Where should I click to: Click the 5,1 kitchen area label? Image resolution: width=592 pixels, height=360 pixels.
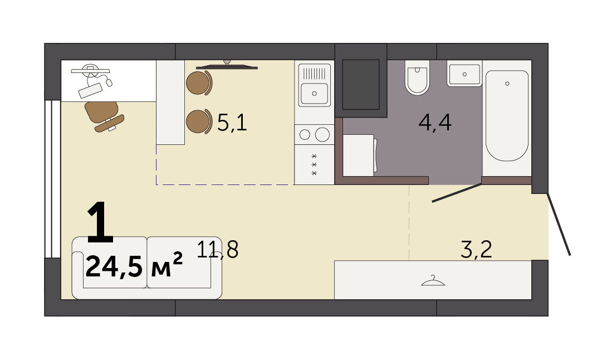click(x=232, y=123)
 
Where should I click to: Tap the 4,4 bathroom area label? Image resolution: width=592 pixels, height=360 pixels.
click(x=435, y=123)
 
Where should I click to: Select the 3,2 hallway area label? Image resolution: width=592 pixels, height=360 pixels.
click(x=477, y=249)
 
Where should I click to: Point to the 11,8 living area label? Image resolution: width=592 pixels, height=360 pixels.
click(x=218, y=249)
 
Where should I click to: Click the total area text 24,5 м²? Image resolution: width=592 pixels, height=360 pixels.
click(x=134, y=266)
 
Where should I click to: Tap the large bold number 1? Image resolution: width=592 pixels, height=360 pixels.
click(x=100, y=222)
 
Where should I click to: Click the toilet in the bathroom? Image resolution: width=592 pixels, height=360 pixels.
click(x=417, y=77)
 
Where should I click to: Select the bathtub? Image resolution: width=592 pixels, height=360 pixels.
click(x=507, y=115)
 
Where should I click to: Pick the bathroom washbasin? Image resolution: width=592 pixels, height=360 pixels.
click(x=464, y=74)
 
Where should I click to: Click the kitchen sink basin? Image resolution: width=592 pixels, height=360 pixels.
click(x=314, y=93)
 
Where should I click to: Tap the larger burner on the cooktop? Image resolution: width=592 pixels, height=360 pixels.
click(x=322, y=134)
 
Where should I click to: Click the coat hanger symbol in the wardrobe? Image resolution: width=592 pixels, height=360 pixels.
click(x=433, y=281)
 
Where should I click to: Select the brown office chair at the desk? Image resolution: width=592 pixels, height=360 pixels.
click(x=103, y=116)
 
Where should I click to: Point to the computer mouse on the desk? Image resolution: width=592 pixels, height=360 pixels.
click(x=109, y=82)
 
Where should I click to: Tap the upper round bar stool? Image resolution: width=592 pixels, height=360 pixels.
click(x=199, y=82)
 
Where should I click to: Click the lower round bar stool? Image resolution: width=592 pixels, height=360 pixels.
click(x=199, y=121)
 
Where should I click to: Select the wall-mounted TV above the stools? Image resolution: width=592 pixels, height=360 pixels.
click(x=227, y=66)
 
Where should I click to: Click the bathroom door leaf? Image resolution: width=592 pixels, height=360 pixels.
click(x=457, y=193)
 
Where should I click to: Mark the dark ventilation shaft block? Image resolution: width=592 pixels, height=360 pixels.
click(x=361, y=85)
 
